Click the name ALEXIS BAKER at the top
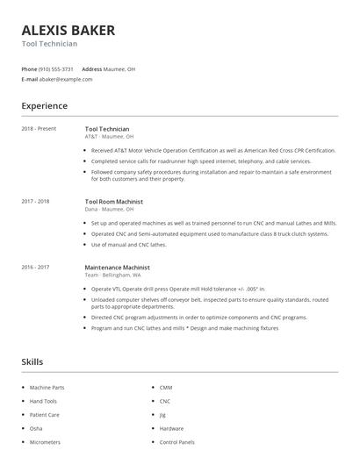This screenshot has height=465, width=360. pyautogui.click(x=68, y=31)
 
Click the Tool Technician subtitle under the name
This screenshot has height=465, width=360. pyautogui.click(x=49, y=44)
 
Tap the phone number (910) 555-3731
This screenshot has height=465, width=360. pyautogui.click(x=56, y=68)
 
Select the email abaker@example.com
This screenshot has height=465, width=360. pyautogui.click(x=65, y=79)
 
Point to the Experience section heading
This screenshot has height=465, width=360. pyautogui.click(x=44, y=106)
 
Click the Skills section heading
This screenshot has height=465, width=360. pyautogui.click(x=32, y=361)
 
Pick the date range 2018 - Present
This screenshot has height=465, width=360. pyautogui.click(x=39, y=129)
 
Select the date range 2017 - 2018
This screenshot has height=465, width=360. pyautogui.click(x=35, y=201)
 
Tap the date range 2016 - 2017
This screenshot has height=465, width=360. pyautogui.click(x=35, y=267)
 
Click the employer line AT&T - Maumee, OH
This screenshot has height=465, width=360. pyautogui.click(x=109, y=137)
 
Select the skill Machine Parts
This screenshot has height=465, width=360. pyautogui.click(x=47, y=387)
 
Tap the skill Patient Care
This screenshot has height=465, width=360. pyautogui.click(x=44, y=414)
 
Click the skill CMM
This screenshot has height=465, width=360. pyautogui.click(x=165, y=387)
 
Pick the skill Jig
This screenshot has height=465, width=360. pyautogui.click(x=162, y=414)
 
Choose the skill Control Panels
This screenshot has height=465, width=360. pyautogui.click(x=176, y=441)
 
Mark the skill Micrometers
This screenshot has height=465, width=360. pyautogui.click(x=46, y=441)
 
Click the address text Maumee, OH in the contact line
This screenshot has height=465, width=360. pyautogui.click(x=120, y=68)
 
